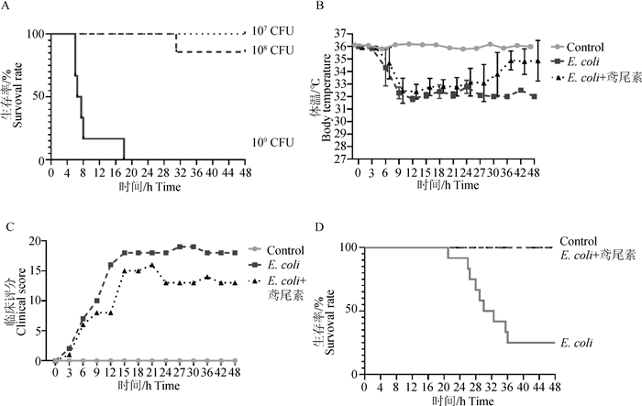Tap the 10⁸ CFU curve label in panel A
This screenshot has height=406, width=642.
click(x=272, y=49)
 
